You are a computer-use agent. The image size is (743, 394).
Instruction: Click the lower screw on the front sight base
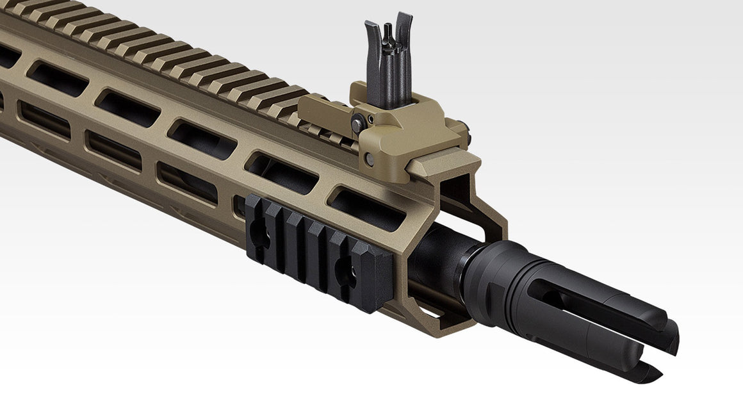tap(370, 159)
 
